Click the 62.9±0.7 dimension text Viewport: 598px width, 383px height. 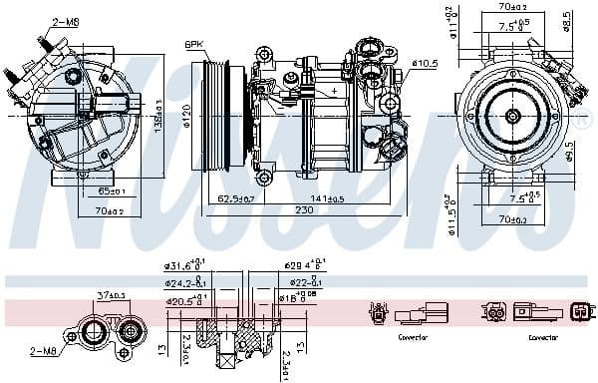(236, 198)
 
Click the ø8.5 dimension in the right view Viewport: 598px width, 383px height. (567, 20)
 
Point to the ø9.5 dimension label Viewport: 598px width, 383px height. (569, 151)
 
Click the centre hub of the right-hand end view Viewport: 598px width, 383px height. (511, 116)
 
